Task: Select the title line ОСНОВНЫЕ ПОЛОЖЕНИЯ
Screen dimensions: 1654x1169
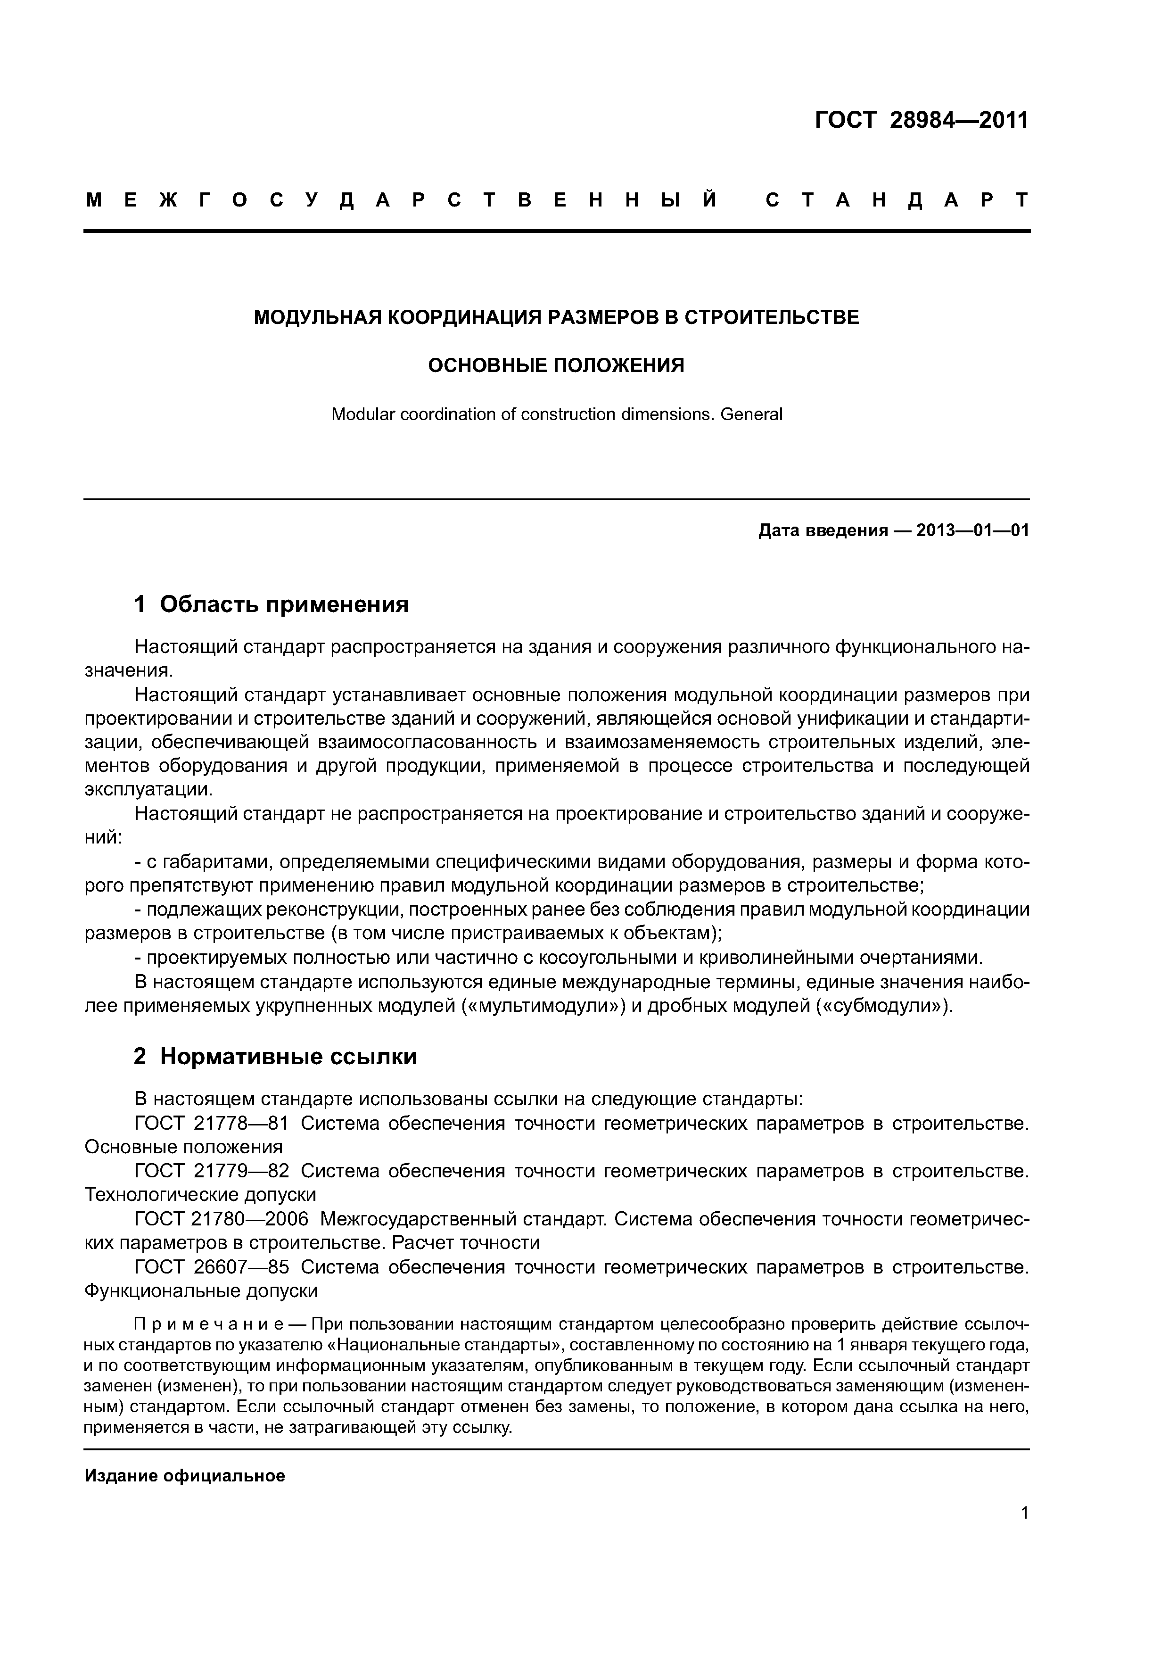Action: tap(556, 366)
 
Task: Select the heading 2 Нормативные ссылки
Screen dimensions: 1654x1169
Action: tap(275, 1056)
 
